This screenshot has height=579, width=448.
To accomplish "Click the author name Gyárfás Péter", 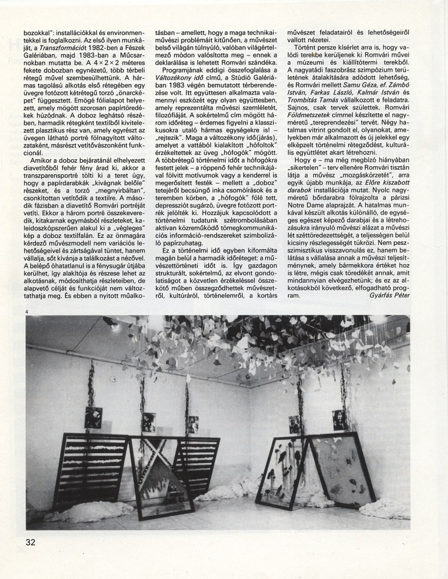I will [x=390, y=295].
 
